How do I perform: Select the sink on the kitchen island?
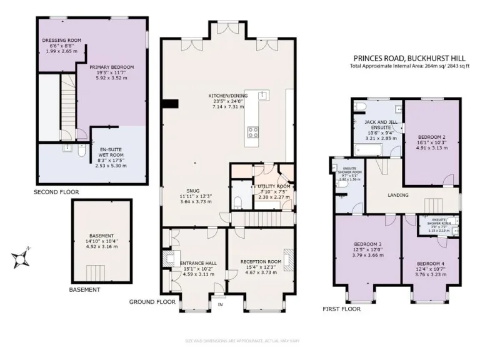pos(264,96)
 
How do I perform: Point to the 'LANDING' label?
pos(397,195)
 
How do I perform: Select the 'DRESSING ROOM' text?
pos(58,41)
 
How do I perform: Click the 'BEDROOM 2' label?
pos(431,136)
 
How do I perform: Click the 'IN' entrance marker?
pos(219,304)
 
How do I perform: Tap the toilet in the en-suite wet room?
pos(82,151)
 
